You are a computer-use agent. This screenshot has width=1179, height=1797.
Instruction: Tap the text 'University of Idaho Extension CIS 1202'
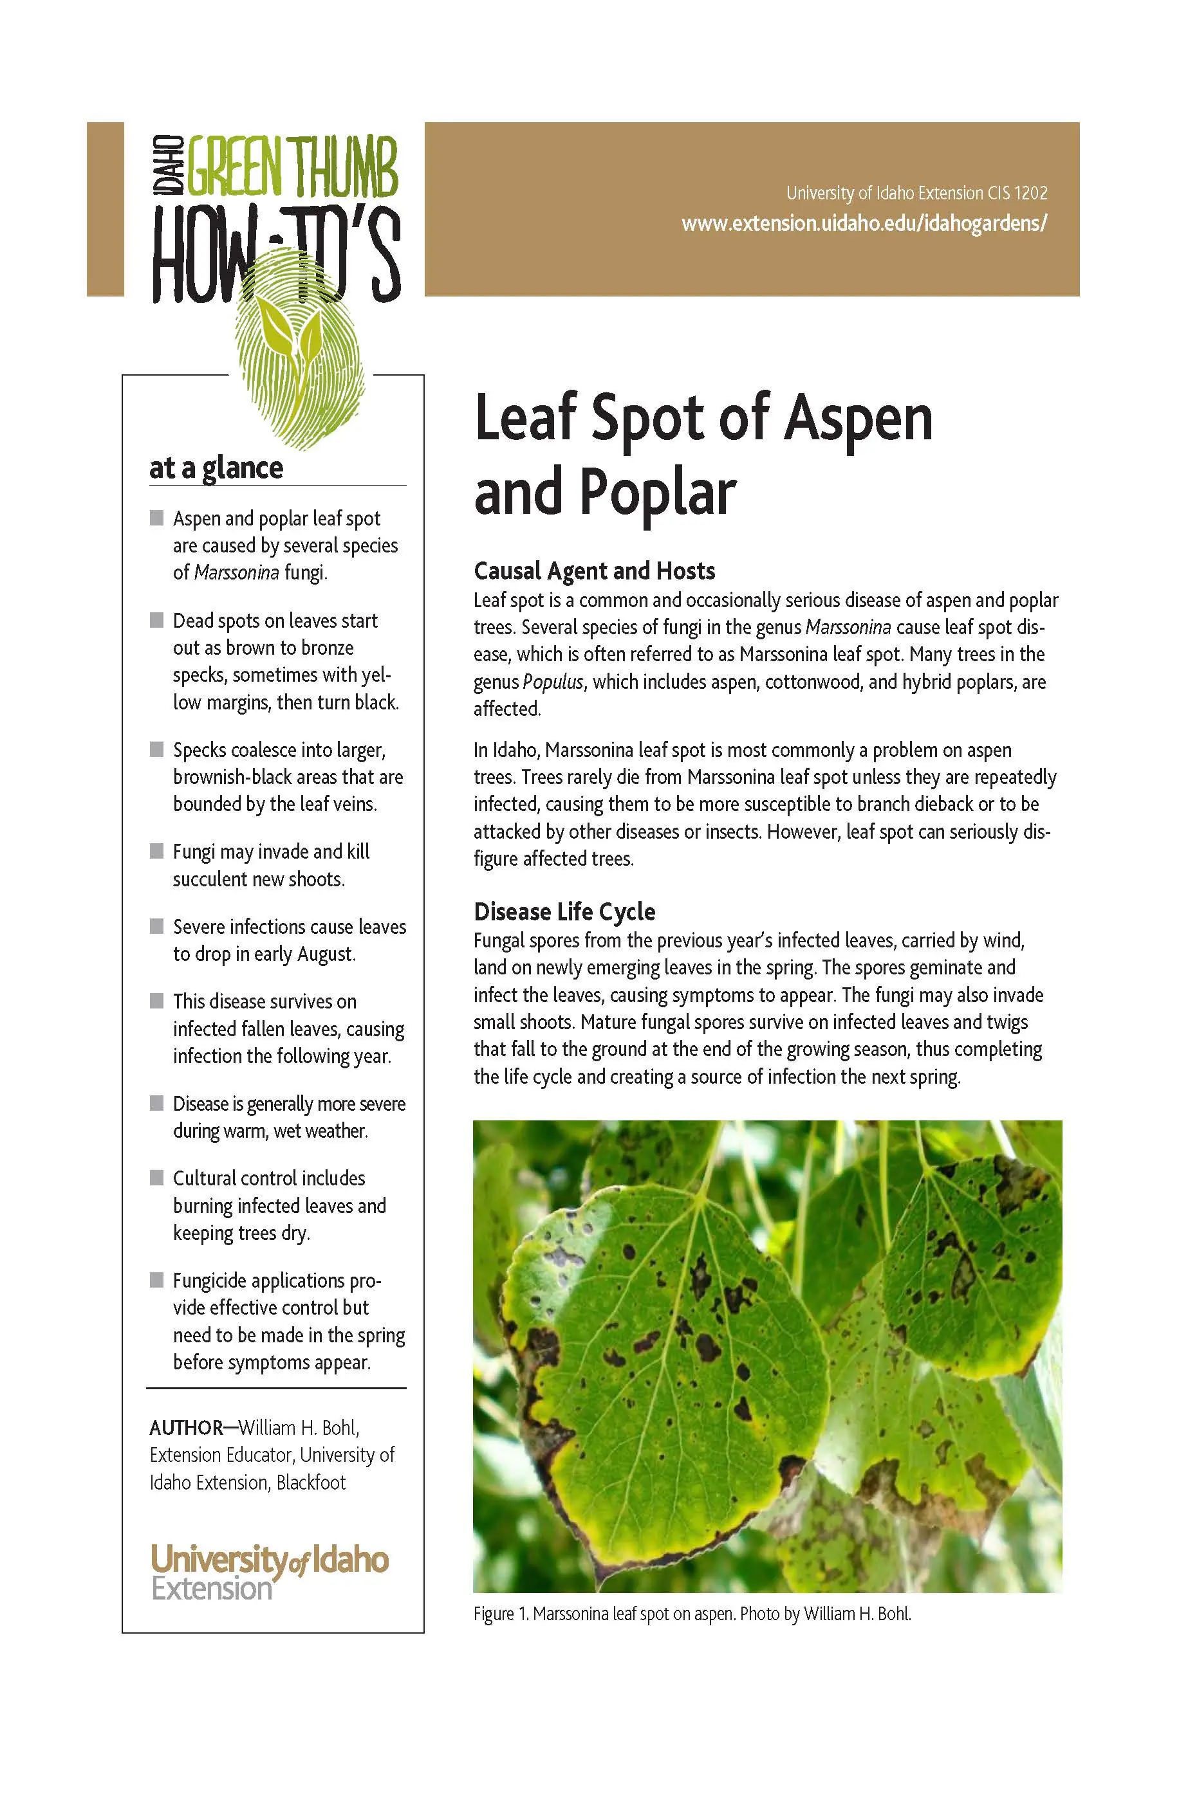[x=916, y=194]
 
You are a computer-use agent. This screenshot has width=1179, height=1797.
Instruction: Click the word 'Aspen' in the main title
[x=858, y=420]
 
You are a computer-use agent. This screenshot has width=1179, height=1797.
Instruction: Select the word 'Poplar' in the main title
[x=657, y=492]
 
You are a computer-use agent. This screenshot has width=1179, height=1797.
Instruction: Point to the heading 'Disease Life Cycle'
[x=564, y=911]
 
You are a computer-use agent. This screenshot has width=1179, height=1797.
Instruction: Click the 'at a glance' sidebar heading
[x=216, y=468]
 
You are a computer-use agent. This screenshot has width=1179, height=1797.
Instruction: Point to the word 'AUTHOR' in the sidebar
[x=186, y=1428]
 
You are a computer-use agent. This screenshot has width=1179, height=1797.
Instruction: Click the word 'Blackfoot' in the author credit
[x=310, y=1482]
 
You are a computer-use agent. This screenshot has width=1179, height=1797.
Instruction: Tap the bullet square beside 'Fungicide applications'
[x=156, y=1280]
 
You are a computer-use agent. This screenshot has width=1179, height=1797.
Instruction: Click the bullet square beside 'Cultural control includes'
[x=156, y=1177]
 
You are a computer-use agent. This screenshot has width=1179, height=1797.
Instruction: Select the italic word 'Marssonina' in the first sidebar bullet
[x=236, y=572]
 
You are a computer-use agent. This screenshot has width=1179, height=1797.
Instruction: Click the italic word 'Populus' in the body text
[x=553, y=682]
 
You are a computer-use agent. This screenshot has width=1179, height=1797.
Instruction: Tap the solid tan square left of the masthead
[x=105, y=208]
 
